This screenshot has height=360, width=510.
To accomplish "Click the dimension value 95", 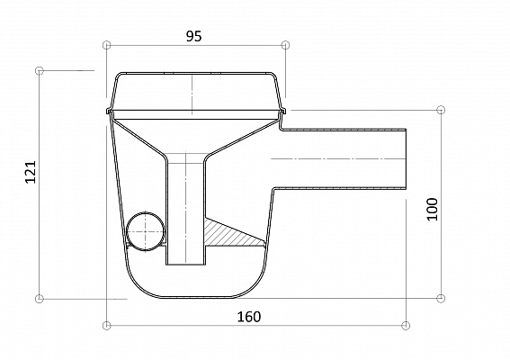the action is (x=194, y=36).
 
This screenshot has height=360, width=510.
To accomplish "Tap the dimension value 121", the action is (x=31, y=172).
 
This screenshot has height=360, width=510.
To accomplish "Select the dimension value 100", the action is (x=433, y=209).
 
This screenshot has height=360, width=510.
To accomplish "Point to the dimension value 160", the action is (x=249, y=317).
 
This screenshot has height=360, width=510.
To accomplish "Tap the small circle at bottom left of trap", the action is (x=146, y=231).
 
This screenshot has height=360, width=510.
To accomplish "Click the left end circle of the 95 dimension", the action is (x=106, y=45).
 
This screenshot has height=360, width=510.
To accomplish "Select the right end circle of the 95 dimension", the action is (x=285, y=45).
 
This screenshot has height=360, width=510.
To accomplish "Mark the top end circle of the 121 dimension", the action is (x=39, y=70).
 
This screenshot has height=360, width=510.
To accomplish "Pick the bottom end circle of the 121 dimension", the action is (x=39, y=298).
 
